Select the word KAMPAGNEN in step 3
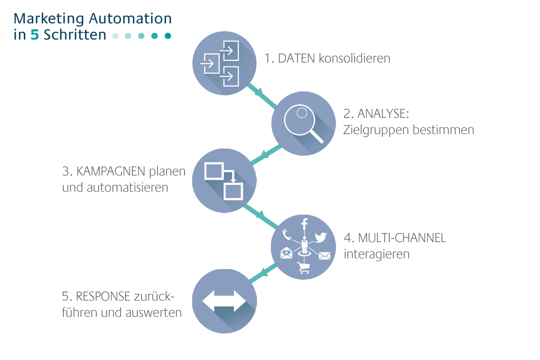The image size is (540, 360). (x=111, y=171)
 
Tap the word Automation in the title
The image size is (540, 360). (x=130, y=18)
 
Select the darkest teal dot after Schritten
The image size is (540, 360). (x=168, y=36)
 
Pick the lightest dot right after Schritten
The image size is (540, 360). (x=115, y=36)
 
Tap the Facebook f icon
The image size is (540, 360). (x=304, y=223)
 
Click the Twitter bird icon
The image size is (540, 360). (x=320, y=237)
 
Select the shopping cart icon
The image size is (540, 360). (x=303, y=268)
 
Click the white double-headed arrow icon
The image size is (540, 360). (x=224, y=301)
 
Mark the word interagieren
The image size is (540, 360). (x=377, y=254)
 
